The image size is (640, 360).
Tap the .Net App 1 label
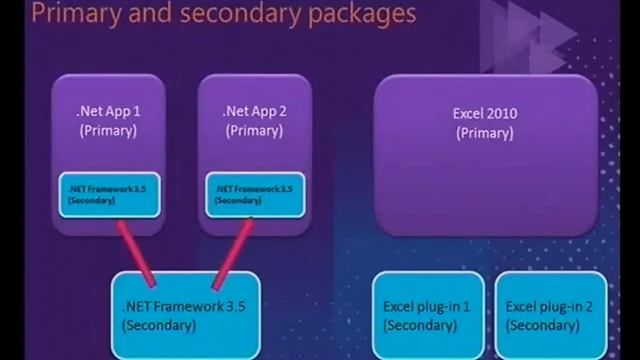coord(108,112)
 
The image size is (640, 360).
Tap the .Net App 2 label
coord(253,112)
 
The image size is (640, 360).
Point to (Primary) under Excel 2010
coord(484,133)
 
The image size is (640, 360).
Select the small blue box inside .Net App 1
coord(109,193)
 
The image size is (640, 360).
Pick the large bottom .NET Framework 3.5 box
coord(184,316)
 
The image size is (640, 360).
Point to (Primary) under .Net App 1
coord(108,131)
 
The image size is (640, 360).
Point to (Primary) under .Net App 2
coord(253,131)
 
